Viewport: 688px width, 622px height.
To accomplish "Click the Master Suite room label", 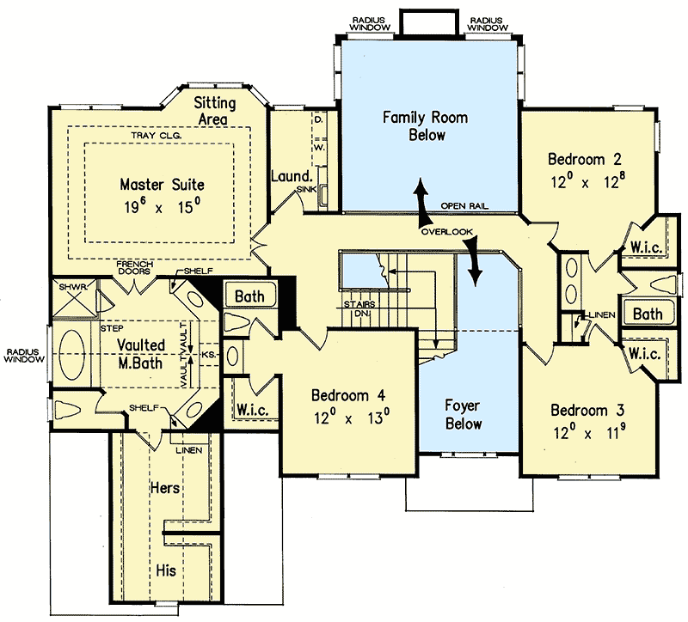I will coord(162,184).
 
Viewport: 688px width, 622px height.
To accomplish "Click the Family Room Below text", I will coord(427,125).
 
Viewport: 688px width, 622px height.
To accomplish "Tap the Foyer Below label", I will coord(463,413).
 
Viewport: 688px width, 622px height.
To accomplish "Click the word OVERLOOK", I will coord(446,233).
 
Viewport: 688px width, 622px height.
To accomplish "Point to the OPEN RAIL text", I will coord(465,206).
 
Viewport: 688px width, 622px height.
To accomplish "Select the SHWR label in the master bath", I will coord(69,287).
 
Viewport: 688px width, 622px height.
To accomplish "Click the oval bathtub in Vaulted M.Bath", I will coord(74,355).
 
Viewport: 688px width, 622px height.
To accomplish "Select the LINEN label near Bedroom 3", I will coord(601,316).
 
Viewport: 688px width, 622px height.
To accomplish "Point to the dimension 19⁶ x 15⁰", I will coord(162,207).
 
